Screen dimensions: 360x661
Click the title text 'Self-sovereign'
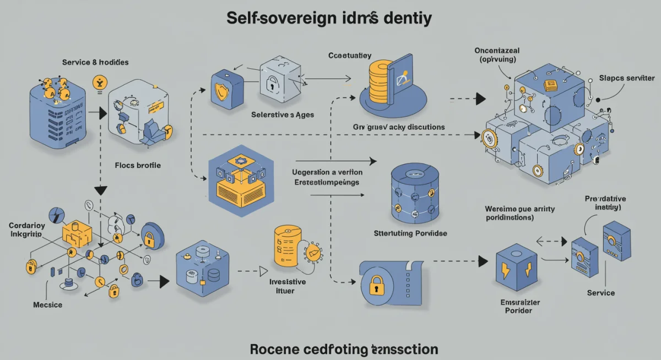278,18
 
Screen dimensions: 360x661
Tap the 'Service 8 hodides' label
96,62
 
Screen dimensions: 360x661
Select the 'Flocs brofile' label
138,165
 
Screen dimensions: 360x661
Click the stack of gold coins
379,80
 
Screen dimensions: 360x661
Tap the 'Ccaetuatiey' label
350,56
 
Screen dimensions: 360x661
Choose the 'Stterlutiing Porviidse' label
411,233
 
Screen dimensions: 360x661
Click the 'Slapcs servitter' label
626,79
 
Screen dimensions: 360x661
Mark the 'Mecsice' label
48,304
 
